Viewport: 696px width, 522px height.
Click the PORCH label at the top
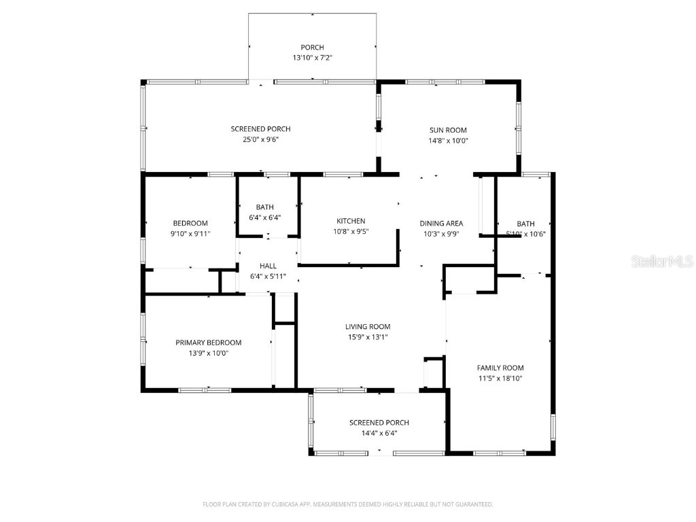(x=312, y=48)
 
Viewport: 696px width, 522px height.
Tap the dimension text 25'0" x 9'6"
(x=260, y=139)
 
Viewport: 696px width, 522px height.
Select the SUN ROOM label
(x=448, y=130)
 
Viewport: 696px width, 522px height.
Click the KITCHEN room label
(x=351, y=221)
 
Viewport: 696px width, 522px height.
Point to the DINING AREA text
(x=441, y=223)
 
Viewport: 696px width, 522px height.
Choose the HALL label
(x=268, y=266)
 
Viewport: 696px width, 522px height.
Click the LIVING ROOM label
(x=368, y=326)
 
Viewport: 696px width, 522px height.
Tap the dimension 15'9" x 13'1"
(x=368, y=337)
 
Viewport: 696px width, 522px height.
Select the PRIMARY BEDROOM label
(x=208, y=343)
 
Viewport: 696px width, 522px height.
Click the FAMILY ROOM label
(x=500, y=368)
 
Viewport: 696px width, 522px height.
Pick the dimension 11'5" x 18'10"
(x=500, y=379)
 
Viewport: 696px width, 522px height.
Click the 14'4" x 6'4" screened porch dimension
(x=379, y=433)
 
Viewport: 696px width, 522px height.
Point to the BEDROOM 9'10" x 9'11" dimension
(x=190, y=234)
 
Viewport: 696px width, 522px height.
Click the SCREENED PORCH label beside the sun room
(x=260, y=129)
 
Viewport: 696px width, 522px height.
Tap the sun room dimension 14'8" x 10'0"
(x=448, y=141)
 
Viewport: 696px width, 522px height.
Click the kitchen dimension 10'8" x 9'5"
(x=351, y=232)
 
